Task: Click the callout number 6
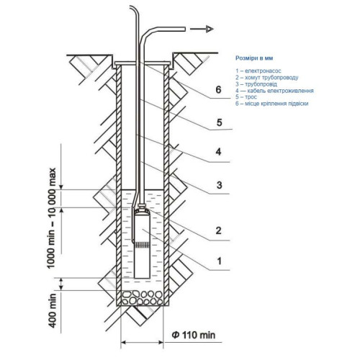tap(218, 89)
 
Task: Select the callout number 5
tap(219, 122)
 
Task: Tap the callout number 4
tap(218, 152)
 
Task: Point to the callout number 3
tap(219, 185)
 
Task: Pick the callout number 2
tap(218, 230)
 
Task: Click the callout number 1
tap(219, 261)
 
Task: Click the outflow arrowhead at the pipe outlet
tap(210, 29)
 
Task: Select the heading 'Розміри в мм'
tap(254, 58)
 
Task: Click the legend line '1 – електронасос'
tap(258, 71)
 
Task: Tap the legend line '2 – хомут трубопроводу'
tap(267, 78)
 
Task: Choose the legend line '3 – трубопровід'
tap(256, 84)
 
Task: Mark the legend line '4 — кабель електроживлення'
tap(274, 91)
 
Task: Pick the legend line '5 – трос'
tap(246, 97)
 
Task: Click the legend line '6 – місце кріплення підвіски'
tap(272, 104)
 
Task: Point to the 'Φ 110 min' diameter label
tap(194, 335)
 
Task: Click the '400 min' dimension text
tap(53, 310)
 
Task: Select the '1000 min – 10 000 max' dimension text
tap(51, 218)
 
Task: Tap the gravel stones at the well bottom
tap(143, 298)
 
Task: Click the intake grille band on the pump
tap(143, 245)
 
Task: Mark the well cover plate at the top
tap(143, 63)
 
